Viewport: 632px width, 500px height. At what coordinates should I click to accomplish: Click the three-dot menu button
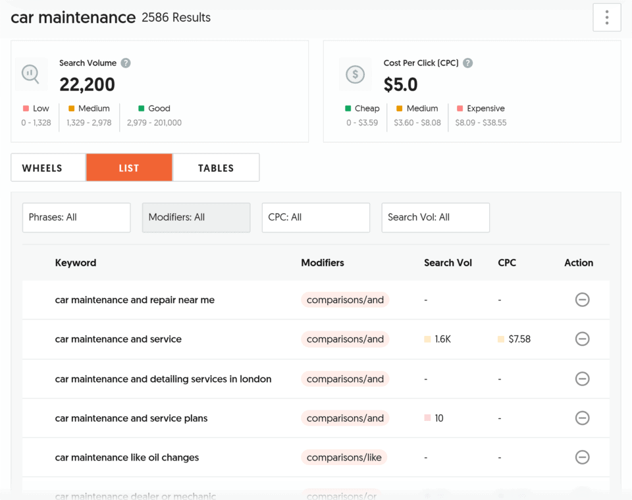click(606, 18)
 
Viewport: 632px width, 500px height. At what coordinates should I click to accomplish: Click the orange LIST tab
click(129, 167)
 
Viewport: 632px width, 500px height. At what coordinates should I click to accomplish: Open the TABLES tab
click(216, 167)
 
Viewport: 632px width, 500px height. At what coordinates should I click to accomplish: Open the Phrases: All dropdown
click(76, 217)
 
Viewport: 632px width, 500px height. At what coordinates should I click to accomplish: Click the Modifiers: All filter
click(196, 217)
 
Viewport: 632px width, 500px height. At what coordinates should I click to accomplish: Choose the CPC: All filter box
click(316, 217)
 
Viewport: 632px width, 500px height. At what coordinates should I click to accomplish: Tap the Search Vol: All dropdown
click(436, 217)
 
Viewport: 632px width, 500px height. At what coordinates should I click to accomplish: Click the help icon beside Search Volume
click(126, 63)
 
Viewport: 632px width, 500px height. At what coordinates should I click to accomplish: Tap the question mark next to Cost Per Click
click(467, 63)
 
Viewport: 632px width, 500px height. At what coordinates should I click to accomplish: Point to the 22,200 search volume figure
click(87, 84)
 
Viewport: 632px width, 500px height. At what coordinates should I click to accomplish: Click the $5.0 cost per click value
click(400, 84)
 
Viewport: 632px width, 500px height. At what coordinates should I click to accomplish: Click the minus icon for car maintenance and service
click(582, 339)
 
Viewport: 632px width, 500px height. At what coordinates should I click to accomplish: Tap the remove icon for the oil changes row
click(582, 457)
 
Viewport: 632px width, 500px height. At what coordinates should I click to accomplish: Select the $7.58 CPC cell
click(519, 339)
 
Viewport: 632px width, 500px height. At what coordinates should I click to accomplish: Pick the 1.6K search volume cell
click(442, 339)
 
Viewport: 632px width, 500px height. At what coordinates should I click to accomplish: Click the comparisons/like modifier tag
click(344, 457)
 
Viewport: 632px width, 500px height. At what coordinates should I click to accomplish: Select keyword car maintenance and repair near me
click(135, 300)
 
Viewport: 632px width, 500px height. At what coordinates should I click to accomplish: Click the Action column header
click(579, 263)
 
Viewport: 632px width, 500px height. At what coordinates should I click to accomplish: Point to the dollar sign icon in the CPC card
click(355, 74)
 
